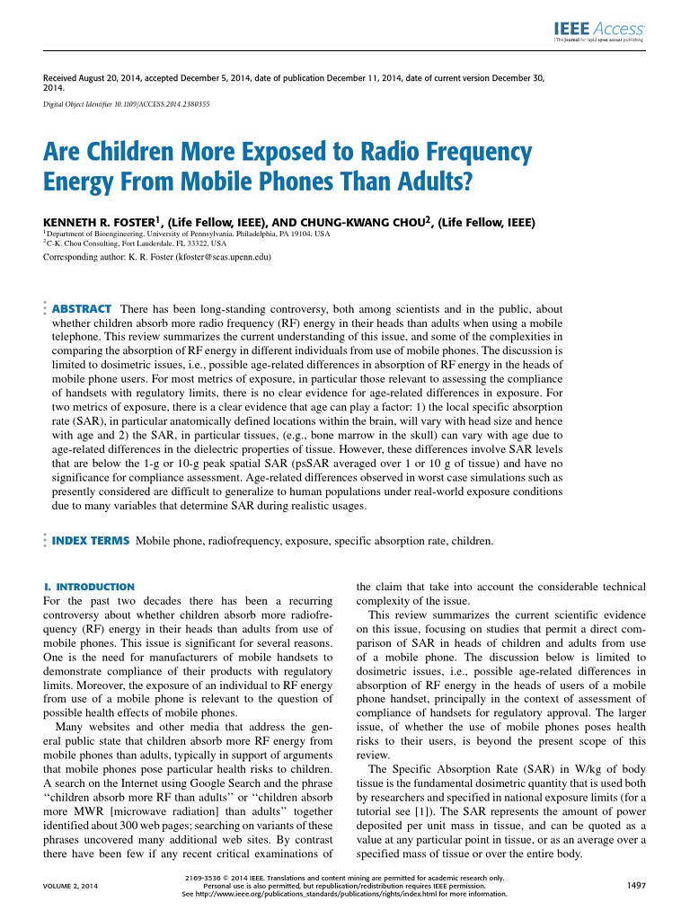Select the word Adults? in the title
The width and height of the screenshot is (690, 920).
pos(426,182)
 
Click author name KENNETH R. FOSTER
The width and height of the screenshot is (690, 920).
pos(101,221)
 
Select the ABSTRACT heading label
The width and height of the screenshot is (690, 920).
pos(82,308)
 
